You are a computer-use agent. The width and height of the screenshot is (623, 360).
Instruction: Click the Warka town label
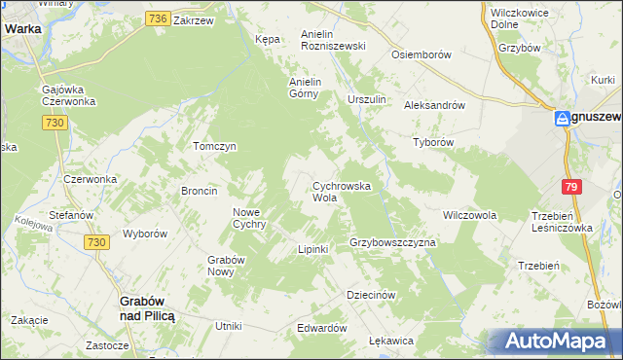pos(21,28)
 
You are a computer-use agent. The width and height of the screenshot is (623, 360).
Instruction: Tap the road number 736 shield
pos(159,18)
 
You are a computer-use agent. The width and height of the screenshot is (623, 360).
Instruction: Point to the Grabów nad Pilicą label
pos(146,307)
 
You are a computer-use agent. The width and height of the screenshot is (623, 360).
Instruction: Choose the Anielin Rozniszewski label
pos(333,39)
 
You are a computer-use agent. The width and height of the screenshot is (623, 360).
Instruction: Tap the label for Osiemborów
pos(421,54)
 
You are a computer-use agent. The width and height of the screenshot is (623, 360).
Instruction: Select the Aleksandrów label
pos(437,105)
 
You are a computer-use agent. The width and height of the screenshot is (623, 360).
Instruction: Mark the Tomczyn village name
pos(215,146)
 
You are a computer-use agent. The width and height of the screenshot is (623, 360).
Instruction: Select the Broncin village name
pos(199,191)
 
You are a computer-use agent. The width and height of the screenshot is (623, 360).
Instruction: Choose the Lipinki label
pos(313,249)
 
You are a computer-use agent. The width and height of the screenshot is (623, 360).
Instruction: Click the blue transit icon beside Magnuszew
pos(563,119)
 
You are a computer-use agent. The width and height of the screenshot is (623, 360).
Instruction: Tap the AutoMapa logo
pos(558,342)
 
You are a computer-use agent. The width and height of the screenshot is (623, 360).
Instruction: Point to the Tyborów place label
pos(434,141)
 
